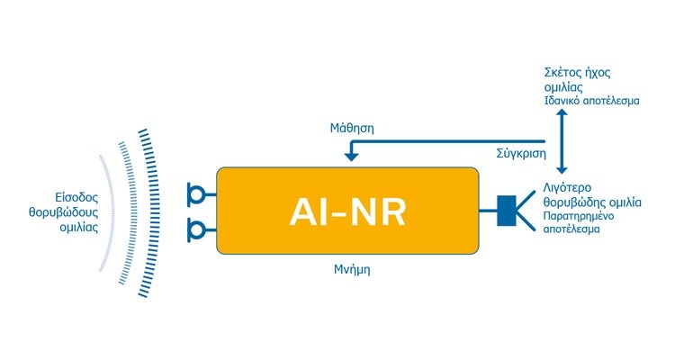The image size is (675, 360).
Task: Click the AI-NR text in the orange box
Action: coord(347,211)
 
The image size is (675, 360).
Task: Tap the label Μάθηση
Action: coord(352,129)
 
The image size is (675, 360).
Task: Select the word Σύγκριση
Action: coord(521,154)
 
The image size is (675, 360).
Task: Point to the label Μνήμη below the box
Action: coord(352,270)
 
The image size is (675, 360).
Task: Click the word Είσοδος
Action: coord(76,198)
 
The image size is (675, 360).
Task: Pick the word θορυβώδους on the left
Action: coord(63,212)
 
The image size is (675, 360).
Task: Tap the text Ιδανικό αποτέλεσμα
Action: coord(591,101)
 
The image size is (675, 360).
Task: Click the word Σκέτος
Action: coord(560,72)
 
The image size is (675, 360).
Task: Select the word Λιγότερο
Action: coord(567,188)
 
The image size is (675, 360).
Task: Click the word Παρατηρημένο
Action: coord(578,215)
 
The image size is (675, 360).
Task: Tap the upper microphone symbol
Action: coord(199,194)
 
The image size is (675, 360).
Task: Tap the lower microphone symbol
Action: coord(199,230)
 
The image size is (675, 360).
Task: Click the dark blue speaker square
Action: coord(506,211)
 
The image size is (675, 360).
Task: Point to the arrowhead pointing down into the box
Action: coord(351,157)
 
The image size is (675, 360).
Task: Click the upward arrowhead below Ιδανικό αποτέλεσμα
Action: coord(562,112)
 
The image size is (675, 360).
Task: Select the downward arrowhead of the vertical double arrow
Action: coord(562,169)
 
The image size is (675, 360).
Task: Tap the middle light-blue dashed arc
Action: coord(133,212)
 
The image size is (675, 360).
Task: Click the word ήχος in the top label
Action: coord(595,72)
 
